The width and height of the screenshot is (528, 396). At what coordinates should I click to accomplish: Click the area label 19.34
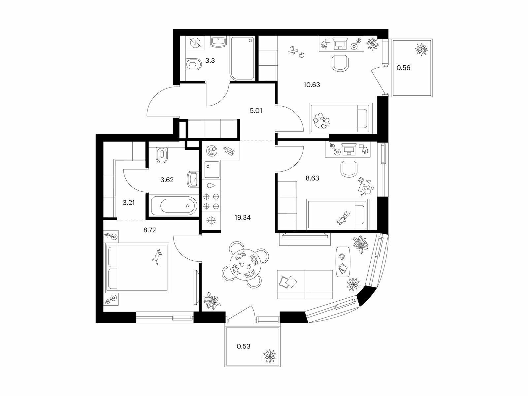(x=243, y=217)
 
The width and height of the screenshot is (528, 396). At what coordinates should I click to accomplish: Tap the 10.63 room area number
(x=312, y=85)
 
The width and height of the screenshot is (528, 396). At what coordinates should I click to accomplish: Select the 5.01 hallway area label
(x=256, y=111)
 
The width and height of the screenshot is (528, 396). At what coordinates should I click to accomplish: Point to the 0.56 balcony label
(x=403, y=68)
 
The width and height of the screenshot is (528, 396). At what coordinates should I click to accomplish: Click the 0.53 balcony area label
(x=244, y=346)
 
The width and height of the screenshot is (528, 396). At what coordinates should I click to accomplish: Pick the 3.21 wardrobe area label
(x=129, y=203)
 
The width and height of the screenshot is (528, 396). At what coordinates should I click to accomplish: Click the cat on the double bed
(x=157, y=257)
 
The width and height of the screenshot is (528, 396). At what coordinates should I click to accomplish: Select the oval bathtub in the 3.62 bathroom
(x=174, y=206)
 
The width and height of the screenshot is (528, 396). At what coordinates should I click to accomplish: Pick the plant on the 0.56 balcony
(x=422, y=49)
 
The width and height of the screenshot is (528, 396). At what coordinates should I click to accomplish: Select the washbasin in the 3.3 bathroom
(x=218, y=42)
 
